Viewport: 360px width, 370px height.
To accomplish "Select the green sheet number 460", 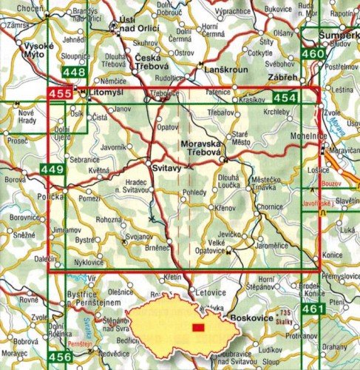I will click(313, 54).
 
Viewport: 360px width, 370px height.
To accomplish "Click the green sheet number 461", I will click(313, 308).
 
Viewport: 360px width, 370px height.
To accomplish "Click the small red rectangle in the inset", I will click(197, 328).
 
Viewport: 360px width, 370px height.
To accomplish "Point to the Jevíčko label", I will click(229, 235).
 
